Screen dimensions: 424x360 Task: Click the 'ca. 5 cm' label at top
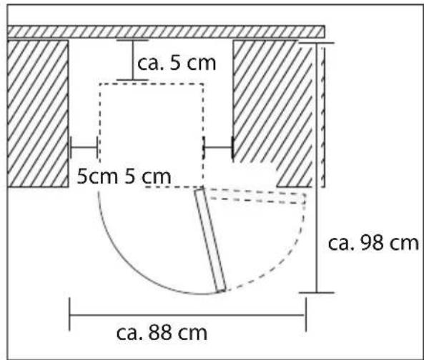[177, 64]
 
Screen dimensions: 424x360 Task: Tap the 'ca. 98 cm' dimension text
[373, 243]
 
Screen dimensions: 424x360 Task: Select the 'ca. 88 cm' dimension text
[162, 333]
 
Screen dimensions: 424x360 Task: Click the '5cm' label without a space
[97, 176]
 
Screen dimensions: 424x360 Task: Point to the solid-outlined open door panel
[210, 241]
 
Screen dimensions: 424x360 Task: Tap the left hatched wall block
[38, 114]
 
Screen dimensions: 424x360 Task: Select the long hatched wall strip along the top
[166, 31]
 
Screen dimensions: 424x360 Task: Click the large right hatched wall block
[273, 114]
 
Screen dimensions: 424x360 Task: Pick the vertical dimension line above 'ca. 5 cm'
[132, 60]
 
